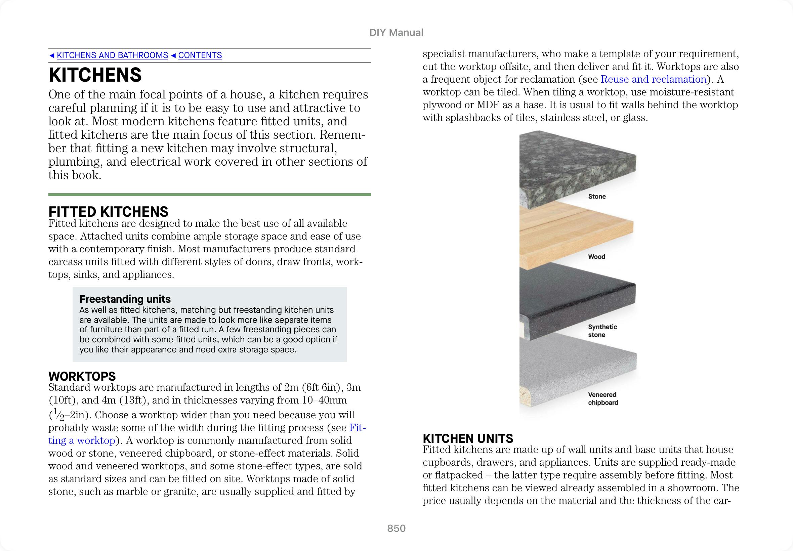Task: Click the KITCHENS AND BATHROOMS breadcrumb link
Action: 112,55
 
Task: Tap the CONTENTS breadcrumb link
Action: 200,55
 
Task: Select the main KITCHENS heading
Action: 95,75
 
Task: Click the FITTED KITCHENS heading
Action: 109,211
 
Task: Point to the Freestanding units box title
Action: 125,299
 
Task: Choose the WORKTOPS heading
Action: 82,376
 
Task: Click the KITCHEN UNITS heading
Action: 468,438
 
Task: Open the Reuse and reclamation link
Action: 654,79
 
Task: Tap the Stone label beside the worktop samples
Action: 597,197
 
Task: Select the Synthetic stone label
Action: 602,331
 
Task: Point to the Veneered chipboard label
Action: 603,398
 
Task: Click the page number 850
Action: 396,528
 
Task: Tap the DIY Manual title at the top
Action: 396,33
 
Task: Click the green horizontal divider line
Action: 210,195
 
